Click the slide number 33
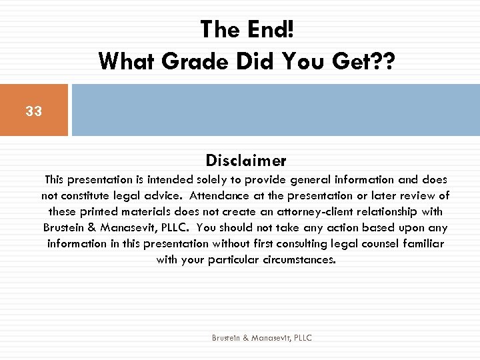point(33,111)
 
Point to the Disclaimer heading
point(246,161)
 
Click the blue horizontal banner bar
point(275,110)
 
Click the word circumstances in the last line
point(296,260)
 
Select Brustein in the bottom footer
point(226,338)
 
